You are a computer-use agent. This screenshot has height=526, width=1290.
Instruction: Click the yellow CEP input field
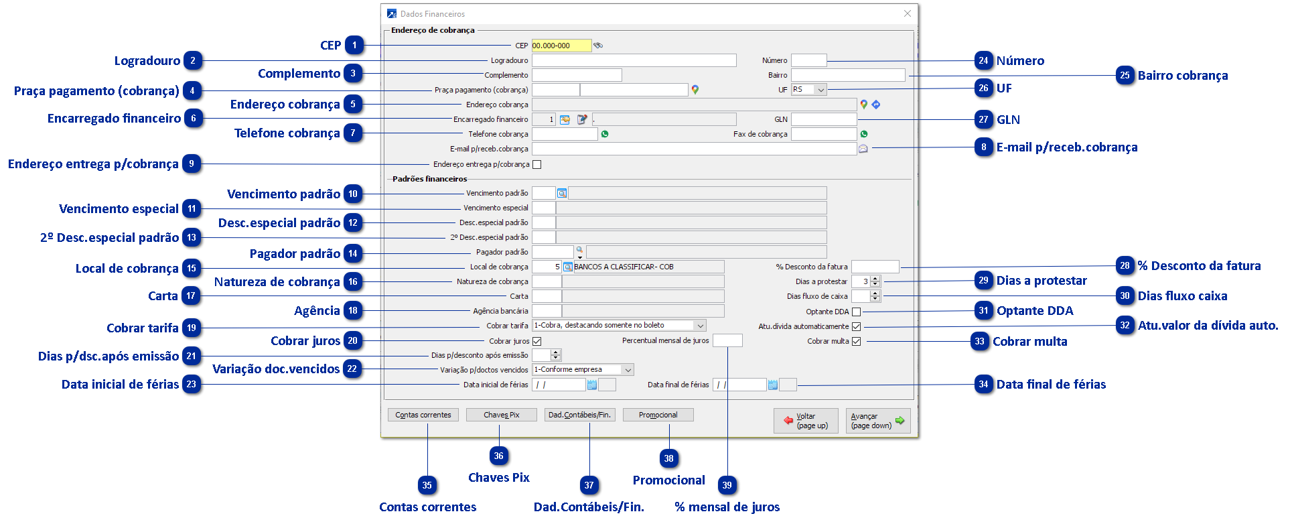(x=561, y=46)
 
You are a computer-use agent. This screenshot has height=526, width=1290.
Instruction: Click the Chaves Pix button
(x=501, y=415)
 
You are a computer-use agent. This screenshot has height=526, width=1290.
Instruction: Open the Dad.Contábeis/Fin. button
(x=579, y=415)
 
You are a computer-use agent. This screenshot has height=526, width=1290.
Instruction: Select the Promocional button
(x=658, y=415)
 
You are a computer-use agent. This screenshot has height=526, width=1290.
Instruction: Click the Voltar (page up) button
(x=806, y=421)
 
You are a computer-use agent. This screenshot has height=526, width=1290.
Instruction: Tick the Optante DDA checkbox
(x=856, y=312)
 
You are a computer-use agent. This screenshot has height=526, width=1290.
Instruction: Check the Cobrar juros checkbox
(x=536, y=341)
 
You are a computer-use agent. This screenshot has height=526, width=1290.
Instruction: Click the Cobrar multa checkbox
(x=856, y=341)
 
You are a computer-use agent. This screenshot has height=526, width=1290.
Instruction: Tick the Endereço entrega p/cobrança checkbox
(x=536, y=164)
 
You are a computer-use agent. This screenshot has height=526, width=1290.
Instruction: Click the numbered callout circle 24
(x=983, y=60)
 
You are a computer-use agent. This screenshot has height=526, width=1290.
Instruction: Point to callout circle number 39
(x=727, y=485)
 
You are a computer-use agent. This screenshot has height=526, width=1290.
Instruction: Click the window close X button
(x=907, y=13)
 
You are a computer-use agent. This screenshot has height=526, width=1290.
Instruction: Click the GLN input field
(x=823, y=119)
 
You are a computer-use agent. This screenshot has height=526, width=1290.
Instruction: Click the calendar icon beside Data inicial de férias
(x=591, y=385)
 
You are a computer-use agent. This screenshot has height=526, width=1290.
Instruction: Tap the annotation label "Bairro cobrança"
(x=1183, y=76)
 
